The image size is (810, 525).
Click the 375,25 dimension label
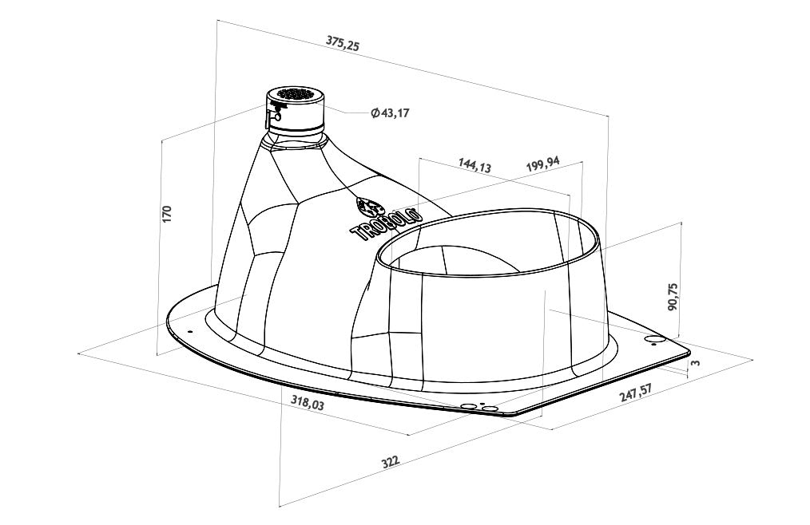343,43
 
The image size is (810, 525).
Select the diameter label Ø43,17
390,112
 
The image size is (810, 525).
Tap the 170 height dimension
166,214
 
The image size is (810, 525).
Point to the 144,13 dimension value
474,165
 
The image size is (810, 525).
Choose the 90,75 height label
673,296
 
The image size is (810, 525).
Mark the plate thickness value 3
696,362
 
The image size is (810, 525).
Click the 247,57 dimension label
636,392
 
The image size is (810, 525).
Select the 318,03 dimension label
308,402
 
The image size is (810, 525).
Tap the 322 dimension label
391,461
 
